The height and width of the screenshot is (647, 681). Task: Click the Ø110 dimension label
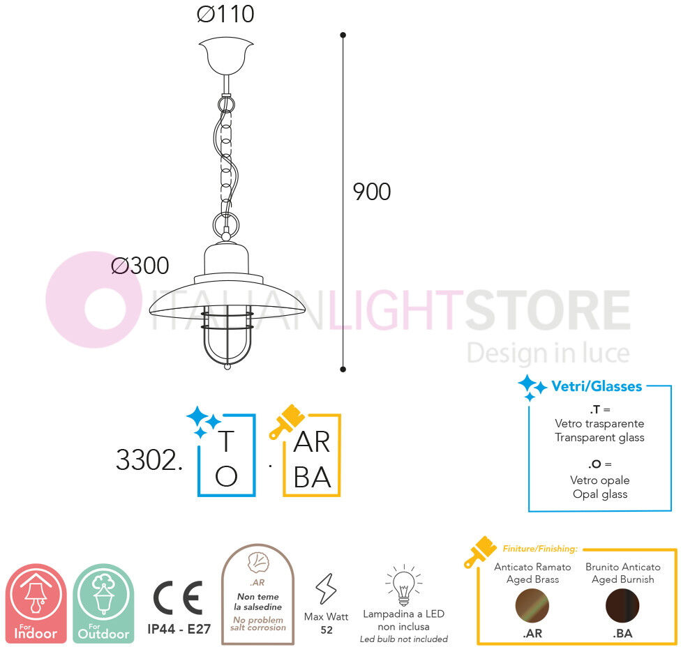pos(225,14)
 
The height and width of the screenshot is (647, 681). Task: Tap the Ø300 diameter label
pos(140,266)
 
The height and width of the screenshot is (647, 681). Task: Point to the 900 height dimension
pos(372,192)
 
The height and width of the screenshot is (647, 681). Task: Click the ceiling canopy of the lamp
pos(226,56)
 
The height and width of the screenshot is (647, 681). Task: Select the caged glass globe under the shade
pos(227,336)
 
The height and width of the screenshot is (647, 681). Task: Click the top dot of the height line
pos(343,35)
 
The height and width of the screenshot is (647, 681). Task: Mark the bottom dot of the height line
pos(343,370)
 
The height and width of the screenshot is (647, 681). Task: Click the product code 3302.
pos(149,460)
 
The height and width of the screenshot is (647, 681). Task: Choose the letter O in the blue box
pos(226,476)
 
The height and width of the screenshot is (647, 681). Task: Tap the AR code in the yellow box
pos(312,442)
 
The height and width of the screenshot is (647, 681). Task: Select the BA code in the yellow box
pos(313,478)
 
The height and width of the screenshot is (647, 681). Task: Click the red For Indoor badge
pos(36,603)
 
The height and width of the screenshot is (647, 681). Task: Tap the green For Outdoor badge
pos(103,603)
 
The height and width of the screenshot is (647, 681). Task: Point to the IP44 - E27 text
pos(179,629)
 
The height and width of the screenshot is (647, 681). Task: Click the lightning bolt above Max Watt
pos(326,589)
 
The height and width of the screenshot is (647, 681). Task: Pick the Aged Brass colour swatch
pos(532,605)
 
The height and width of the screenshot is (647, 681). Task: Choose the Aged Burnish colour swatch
pos(622,605)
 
